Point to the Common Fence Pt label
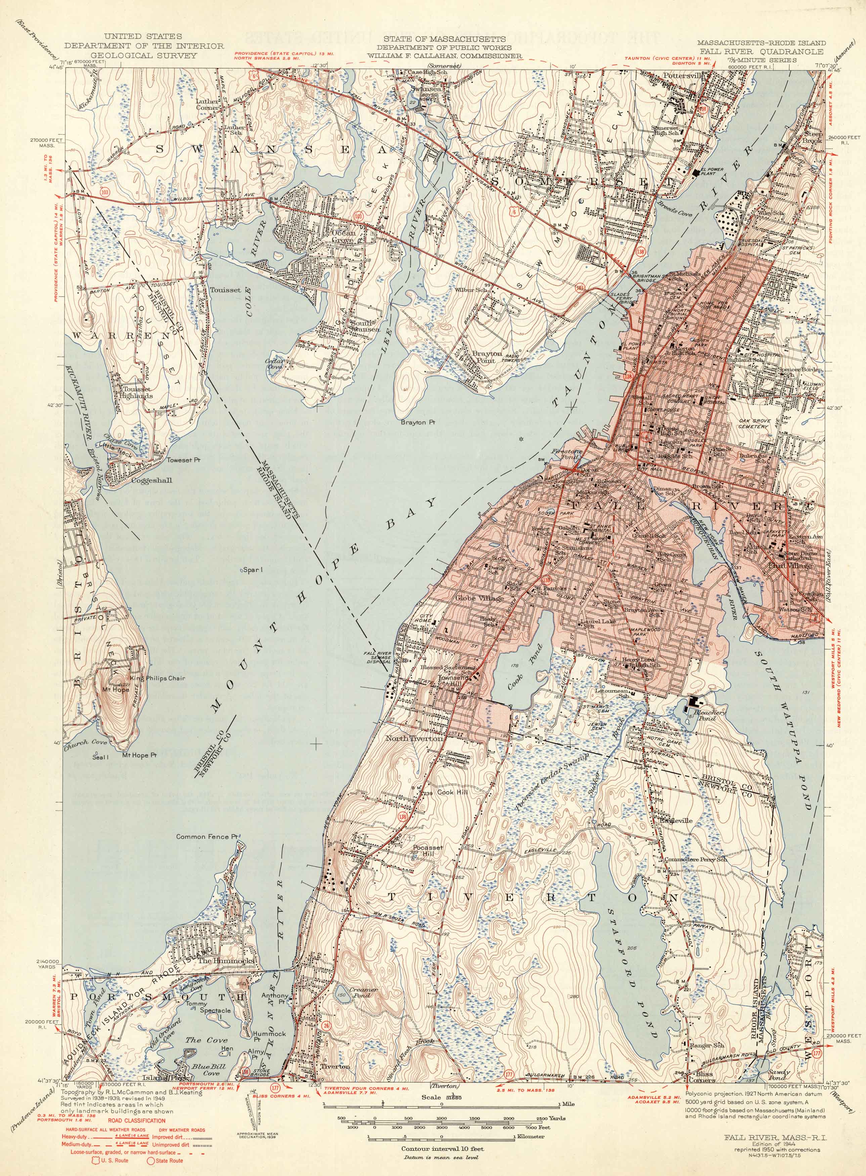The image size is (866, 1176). [x=203, y=837]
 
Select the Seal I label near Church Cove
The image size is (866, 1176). [x=100, y=757]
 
